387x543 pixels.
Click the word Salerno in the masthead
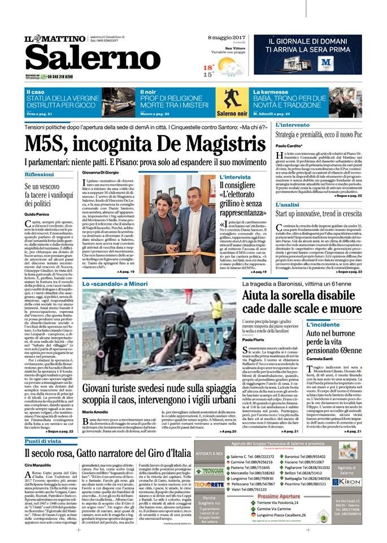pyautogui.click(x=93, y=58)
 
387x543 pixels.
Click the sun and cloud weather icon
pyautogui.click(x=231, y=68)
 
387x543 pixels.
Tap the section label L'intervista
pyautogui.click(x=234, y=176)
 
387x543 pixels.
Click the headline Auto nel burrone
pyautogui.click(x=345, y=334)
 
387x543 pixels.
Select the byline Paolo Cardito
pyautogui.click(x=290, y=146)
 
